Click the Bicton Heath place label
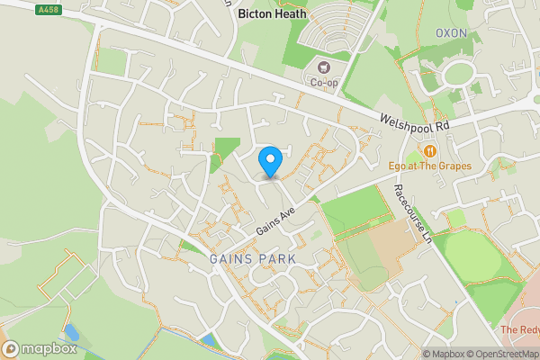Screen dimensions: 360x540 [272, 14]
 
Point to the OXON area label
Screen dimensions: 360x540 [453, 33]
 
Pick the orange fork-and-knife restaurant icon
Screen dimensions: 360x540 [431, 150]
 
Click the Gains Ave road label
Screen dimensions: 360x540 [275, 219]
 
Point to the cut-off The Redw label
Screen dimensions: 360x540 [520, 330]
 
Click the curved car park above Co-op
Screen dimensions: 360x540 [336, 35]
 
